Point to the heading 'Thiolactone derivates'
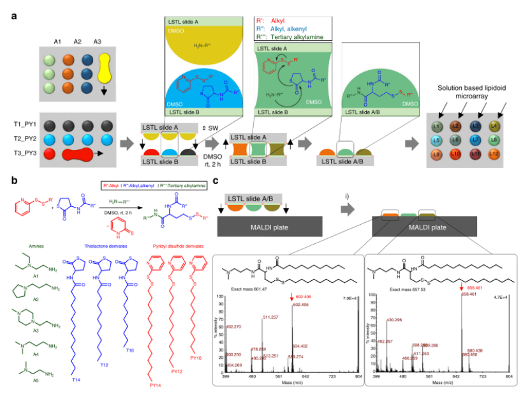click(105, 243)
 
